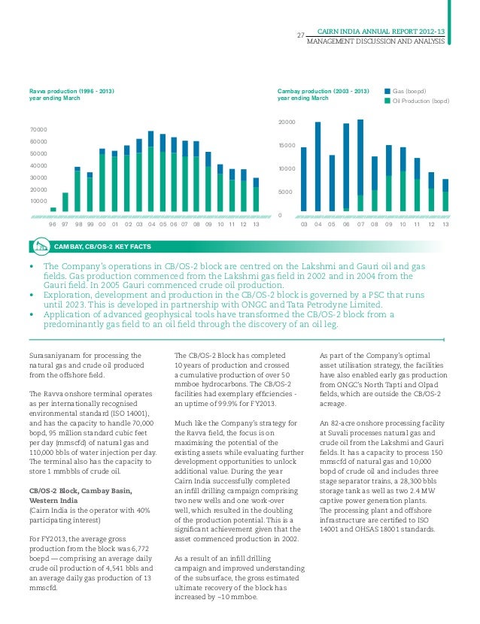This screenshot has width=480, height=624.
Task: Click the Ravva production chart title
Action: pos(71,95)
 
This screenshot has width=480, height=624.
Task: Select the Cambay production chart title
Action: pos(323,95)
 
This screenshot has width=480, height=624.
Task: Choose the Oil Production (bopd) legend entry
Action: pos(421,101)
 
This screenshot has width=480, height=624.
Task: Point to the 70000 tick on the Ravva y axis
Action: pos(38,130)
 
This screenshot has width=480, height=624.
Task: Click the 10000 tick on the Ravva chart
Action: pos(38,201)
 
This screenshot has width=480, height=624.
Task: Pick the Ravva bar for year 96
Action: pos(53,209)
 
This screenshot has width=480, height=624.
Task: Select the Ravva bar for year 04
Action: pos(151,171)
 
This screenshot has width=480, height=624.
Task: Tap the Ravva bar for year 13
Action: pos(256,195)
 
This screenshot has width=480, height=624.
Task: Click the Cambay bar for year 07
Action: pos(360,165)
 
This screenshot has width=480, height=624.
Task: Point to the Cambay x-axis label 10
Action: pos(403,224)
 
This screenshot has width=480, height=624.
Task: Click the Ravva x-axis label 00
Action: pos(102,224)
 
